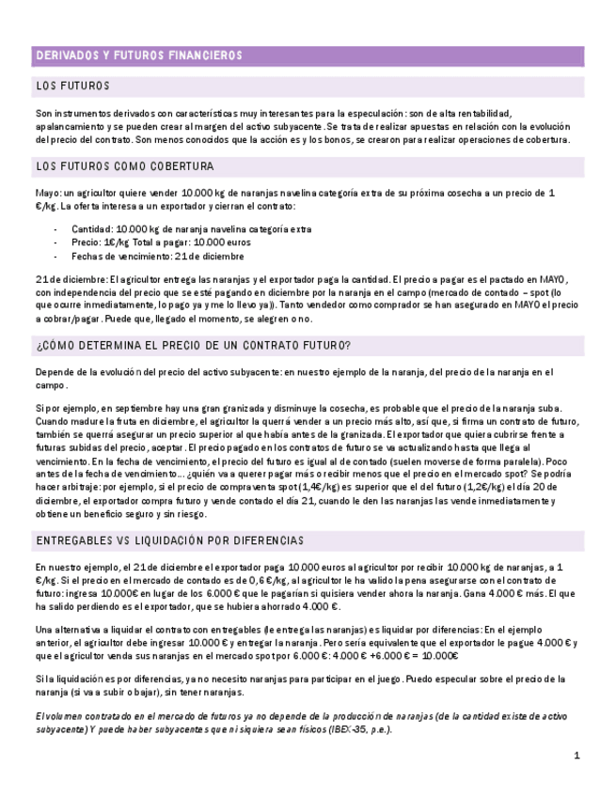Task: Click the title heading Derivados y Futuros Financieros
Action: [139, 56]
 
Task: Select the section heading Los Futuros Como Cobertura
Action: [125, 167]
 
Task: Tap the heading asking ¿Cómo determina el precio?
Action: [193, 345]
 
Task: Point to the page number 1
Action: [577, 756]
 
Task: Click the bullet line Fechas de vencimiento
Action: [158, 256]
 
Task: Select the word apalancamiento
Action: [67, 127]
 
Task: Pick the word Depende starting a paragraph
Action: [55, 372]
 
